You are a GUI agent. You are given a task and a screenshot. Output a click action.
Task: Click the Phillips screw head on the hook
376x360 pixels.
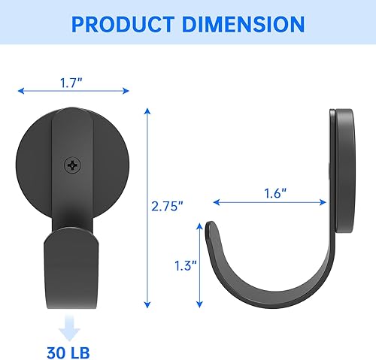(73, 164)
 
